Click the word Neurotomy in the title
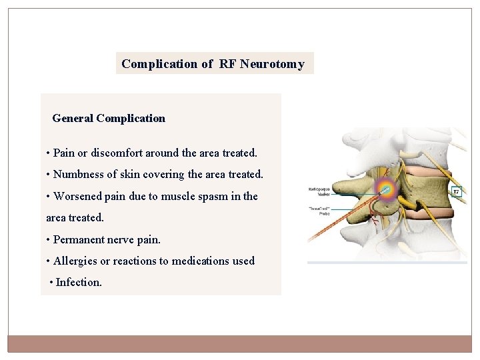pos(272,64)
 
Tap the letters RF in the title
pos(227,64)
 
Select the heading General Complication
pos(109,118)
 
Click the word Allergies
pos(75,261)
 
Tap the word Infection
pos(79,282)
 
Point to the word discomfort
pos(117,153)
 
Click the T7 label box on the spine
pos(456,192)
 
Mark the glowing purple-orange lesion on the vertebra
pos(386,189)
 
